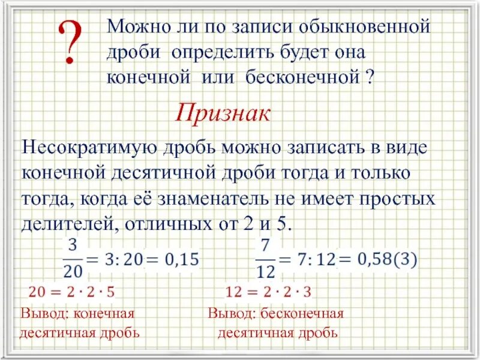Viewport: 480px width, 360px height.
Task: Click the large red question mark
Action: tap(71, 43)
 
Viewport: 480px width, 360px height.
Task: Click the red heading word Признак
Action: tap(223, 112)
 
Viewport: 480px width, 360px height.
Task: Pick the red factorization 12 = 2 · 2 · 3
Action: tap(268, 292)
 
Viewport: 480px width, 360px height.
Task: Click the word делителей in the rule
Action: tap(65, 224)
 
